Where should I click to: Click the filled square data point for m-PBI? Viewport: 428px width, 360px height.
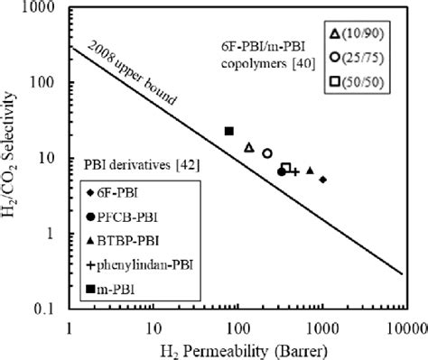229,132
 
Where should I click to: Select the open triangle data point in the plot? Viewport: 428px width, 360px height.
249,146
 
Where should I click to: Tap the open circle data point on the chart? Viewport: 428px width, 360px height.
267,153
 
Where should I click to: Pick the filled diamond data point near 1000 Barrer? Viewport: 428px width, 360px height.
322,180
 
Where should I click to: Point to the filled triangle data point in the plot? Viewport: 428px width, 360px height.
310,171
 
